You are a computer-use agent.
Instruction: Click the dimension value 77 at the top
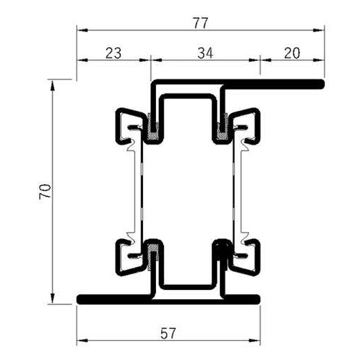click(x=200, y=23)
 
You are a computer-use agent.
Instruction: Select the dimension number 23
click(x=113, y=52)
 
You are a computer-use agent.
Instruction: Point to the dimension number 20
click(x=291, y=52)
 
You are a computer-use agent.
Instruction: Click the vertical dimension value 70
click(x=44, y=190)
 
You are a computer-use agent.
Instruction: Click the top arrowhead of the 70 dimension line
click(x=52, y=84)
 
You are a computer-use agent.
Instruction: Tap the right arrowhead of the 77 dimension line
click(x=319, y=31)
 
